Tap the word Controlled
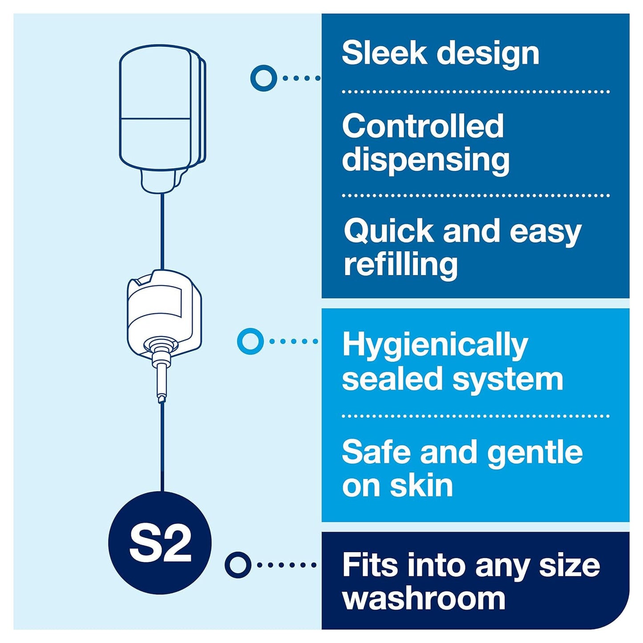click(x=423, y=126)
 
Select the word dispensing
click(x=425, y=160)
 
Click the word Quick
click(x=388, y=231)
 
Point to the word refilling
click(x=400, y=265)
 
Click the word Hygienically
click(x=435, y=345)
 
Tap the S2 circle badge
click(x=160, y=543)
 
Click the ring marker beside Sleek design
click(x=263, y=78)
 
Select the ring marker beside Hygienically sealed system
click(x=251, y=341)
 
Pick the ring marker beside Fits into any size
click(x=238, y=565)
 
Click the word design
click(x=488, y=53)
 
